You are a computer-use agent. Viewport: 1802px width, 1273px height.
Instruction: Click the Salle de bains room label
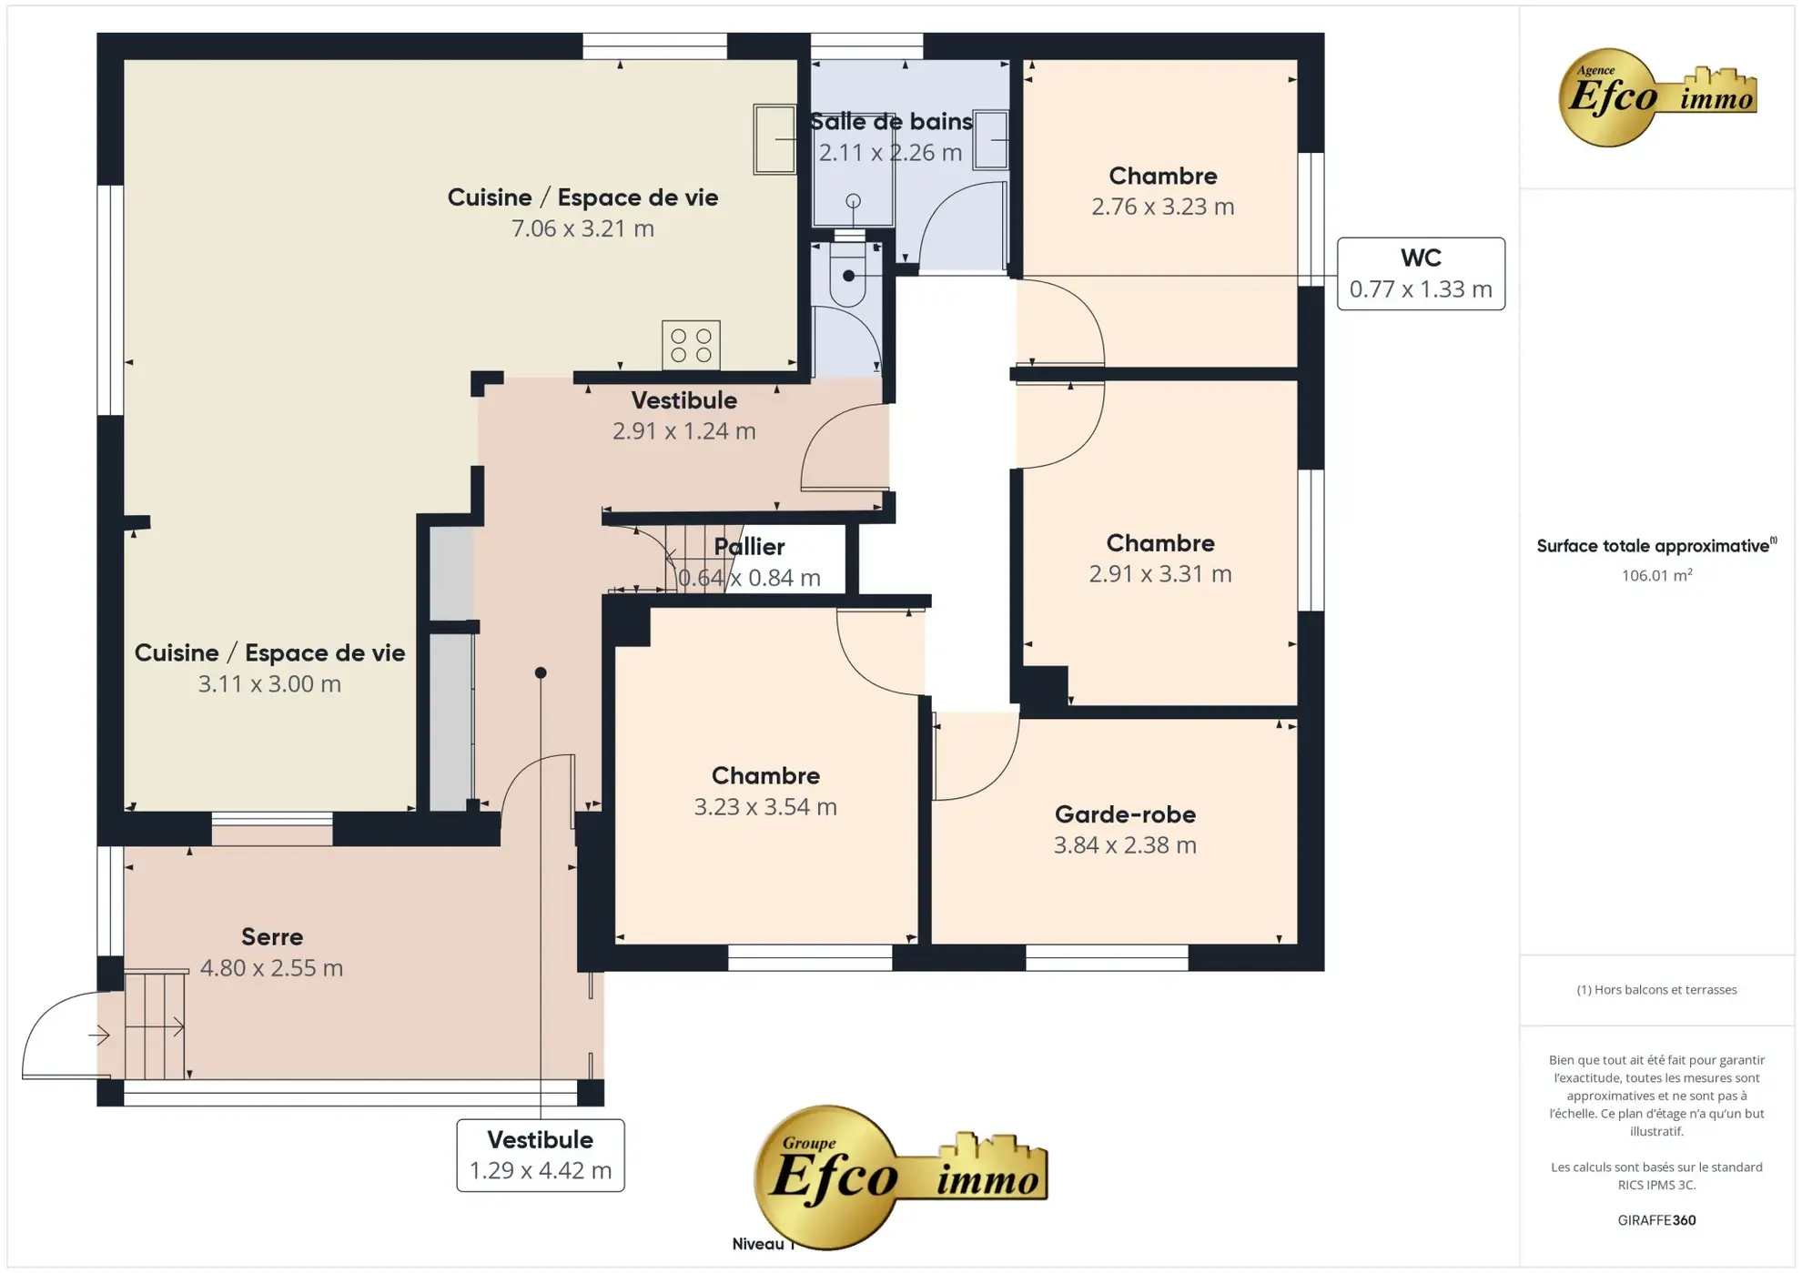890,122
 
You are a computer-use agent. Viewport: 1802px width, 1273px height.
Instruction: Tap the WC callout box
1421,274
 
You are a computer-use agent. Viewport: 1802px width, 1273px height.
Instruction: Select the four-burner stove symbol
691,345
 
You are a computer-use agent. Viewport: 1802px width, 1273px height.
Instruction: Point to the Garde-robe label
1125,814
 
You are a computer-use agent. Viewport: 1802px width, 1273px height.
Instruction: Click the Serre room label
272,936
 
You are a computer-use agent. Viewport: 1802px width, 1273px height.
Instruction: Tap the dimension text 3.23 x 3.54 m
765,807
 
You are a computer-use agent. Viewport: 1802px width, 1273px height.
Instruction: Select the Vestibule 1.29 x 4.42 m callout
541,1155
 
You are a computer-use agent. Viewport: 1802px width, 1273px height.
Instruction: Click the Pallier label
749,547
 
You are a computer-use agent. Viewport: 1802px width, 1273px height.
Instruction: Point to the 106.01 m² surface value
1656,575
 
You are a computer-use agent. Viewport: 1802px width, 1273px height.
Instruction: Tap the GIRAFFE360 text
1656,1220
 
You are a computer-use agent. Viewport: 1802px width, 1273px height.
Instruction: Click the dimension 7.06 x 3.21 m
582,228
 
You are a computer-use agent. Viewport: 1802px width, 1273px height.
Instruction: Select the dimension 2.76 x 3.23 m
1163,207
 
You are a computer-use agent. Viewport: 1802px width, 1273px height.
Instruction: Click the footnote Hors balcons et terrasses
1656,990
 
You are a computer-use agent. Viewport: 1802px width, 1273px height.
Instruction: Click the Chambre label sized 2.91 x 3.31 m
1160,543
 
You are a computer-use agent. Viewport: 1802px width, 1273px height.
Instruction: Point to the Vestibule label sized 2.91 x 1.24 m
684,400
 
